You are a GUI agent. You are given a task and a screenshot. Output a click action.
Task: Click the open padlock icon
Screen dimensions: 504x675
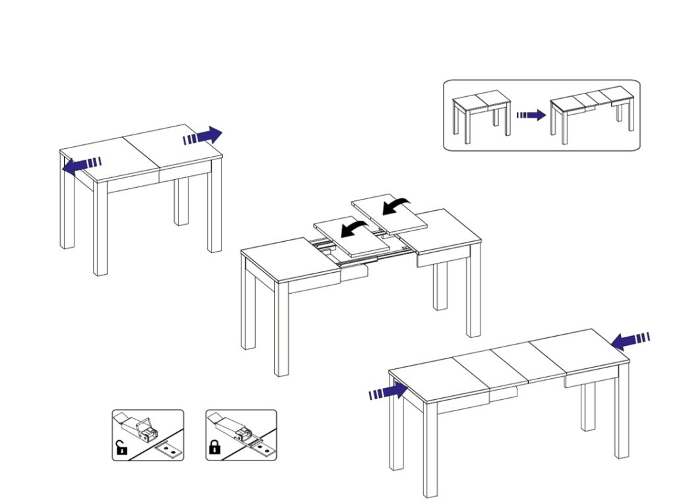pyautogui.click(x=121, y=449)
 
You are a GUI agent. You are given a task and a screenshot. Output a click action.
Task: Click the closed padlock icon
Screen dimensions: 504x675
pyautogui.click(x=214, y=449)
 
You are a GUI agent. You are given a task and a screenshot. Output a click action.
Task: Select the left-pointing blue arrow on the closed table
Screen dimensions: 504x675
pyautogui.click(x=81, y=165)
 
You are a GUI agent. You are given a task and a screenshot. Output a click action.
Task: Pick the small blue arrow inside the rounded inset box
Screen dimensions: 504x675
pyautogui.click(x=531, y=115)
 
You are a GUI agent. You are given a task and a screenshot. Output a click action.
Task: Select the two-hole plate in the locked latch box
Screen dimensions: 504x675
pyautogui.click(x=262, y=450)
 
